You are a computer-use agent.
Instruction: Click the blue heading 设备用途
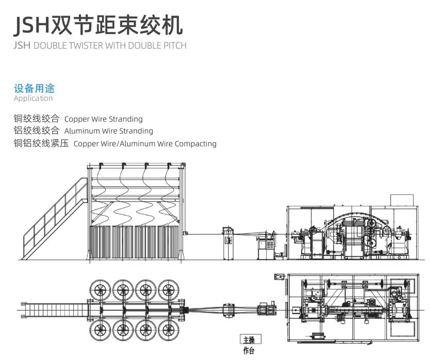pos(34,89)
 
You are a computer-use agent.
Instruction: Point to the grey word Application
pos(33,99)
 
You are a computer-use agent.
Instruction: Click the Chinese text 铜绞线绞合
pos(37,119)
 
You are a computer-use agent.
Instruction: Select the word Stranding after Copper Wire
pos(126,119)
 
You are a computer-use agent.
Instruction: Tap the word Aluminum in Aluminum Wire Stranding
pos(81,132)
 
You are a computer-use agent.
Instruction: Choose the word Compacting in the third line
pos(196,144)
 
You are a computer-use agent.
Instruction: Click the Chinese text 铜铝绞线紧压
pos(41,143)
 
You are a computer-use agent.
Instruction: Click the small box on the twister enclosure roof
pos(402,200)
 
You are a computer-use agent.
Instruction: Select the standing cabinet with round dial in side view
pos(227,242)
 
